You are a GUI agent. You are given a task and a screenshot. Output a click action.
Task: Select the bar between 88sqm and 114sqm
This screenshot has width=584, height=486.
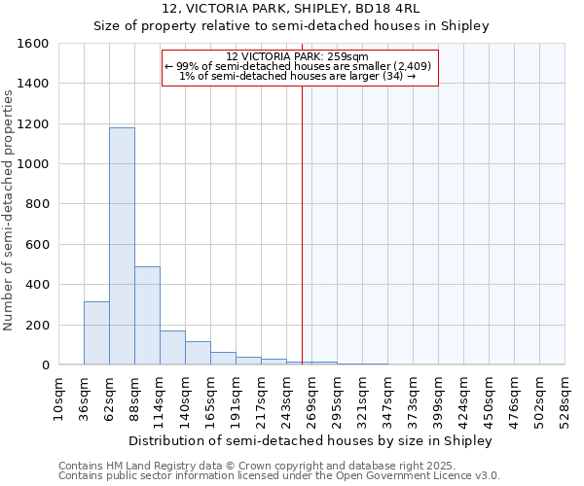point(147,316)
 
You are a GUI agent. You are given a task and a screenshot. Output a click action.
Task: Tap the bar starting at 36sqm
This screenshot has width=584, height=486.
point(96,333)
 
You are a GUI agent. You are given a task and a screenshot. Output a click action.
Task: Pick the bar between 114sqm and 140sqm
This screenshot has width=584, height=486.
point(172,348)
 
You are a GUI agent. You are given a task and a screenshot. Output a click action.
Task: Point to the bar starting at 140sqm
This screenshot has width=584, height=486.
point(198,353)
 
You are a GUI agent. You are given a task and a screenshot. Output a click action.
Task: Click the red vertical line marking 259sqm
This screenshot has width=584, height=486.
point(302,224)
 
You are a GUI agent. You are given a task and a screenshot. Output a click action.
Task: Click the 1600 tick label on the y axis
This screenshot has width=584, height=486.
point(33,44)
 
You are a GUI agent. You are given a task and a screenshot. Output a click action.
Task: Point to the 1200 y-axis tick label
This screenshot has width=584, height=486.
point(33,124)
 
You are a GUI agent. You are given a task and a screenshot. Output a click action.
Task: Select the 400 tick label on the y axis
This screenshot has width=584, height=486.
point(37,285)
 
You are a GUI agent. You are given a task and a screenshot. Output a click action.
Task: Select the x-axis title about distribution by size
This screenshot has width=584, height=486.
point(310,440)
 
